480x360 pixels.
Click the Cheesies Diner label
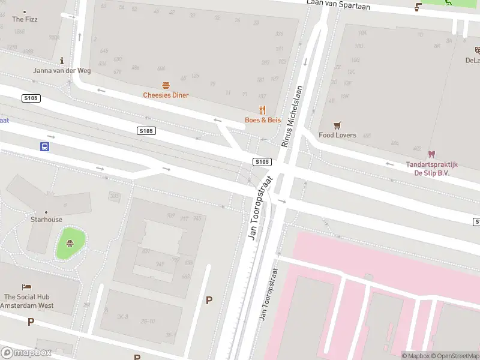coord(166,95)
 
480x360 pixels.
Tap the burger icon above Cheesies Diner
coord(166,85)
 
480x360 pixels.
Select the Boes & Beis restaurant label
coord(263,120)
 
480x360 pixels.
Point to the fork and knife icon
coord(262,110)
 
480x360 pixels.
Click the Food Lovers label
coord(337,135)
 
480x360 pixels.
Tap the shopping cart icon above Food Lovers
coord(337,125)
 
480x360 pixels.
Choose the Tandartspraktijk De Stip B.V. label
coord(431,169)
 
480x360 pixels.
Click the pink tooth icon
coord(431,154)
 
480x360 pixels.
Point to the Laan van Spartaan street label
coord(338,6)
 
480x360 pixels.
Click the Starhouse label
coord(46,220)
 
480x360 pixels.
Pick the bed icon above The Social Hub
coord(26,287)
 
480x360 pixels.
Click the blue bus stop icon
coord(44,146)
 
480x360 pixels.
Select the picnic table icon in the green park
coord(70,243)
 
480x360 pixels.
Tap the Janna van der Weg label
coord(62,71)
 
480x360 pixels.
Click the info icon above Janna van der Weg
coord(62,61)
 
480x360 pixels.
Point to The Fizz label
coord(25,19)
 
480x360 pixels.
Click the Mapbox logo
coord(26,353)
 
